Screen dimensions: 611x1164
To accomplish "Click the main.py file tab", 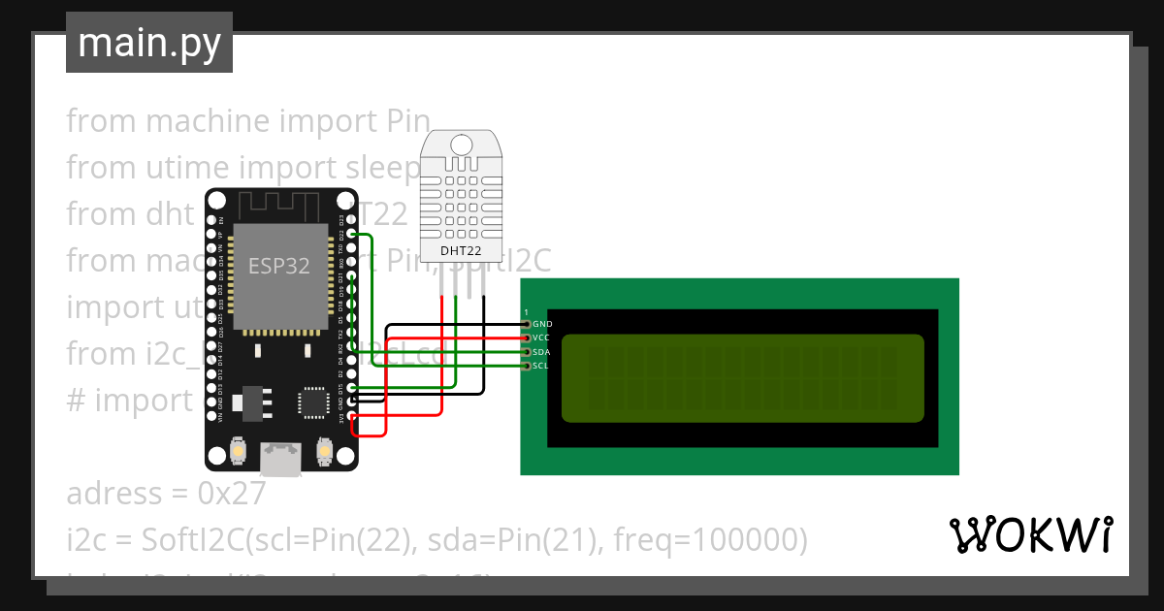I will pyautogui.click(x=148, y=43).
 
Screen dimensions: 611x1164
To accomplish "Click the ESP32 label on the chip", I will pyautogui.click(x=279, y=266).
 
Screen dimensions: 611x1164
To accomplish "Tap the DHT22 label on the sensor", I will pyautogui.click(x=461, y=251).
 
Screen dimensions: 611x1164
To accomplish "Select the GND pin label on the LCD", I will pyautogui.click(x=542, y=323).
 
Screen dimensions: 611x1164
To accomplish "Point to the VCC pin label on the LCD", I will pyautogui.click(x=541, y=338).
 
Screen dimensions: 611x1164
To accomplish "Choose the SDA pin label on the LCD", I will pyautogui.click(x=541, y=351).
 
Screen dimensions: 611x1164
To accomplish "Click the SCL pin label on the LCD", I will pyautogui.click(x=540, y=366).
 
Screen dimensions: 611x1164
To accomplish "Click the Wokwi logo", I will pyautogui.click(x=1029, y=534).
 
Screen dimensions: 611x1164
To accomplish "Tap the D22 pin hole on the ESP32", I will pyautogui.click(x=351, y=234).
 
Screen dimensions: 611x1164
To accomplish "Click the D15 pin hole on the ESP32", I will pyautogui.click(x=351, y=388).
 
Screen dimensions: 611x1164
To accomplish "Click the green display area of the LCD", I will pyautogui.click(x=743, y=378).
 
